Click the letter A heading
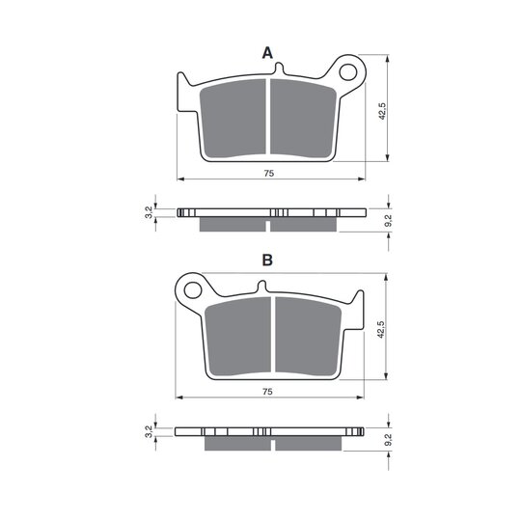(267, 53)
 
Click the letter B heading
(267, 260)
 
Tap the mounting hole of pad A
(348, 72)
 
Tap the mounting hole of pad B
(193, 290)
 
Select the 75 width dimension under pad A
(269, 174)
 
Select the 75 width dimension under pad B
(267, 392)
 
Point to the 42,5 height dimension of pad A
(382, 111)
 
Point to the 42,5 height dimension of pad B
(380, 330)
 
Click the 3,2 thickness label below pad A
(150, 212)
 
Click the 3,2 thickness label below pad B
(149, 431)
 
